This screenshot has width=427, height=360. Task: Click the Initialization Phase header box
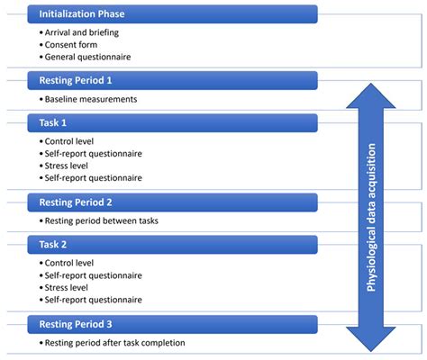pyautogui.click(x=171, y=15)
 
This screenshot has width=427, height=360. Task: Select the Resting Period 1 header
pyautogui.click(x=171, y=80)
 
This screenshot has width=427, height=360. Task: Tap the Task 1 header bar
pyautogui.click(x=171, y=121)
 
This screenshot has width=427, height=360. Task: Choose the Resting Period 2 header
pyautogui.click(x=171, y=202)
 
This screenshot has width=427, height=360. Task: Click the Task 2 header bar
pyautogui.click(x=171, y=243)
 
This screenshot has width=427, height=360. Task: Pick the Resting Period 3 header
pyautogui.click(x=171, y=324)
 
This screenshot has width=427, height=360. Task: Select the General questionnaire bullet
pyautogui.click(x=86, y=56)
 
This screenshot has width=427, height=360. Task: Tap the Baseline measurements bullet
pyautogui.click(x=90, y=98)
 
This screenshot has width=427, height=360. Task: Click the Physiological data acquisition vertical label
pyautogui.click(x=370, y=216)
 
